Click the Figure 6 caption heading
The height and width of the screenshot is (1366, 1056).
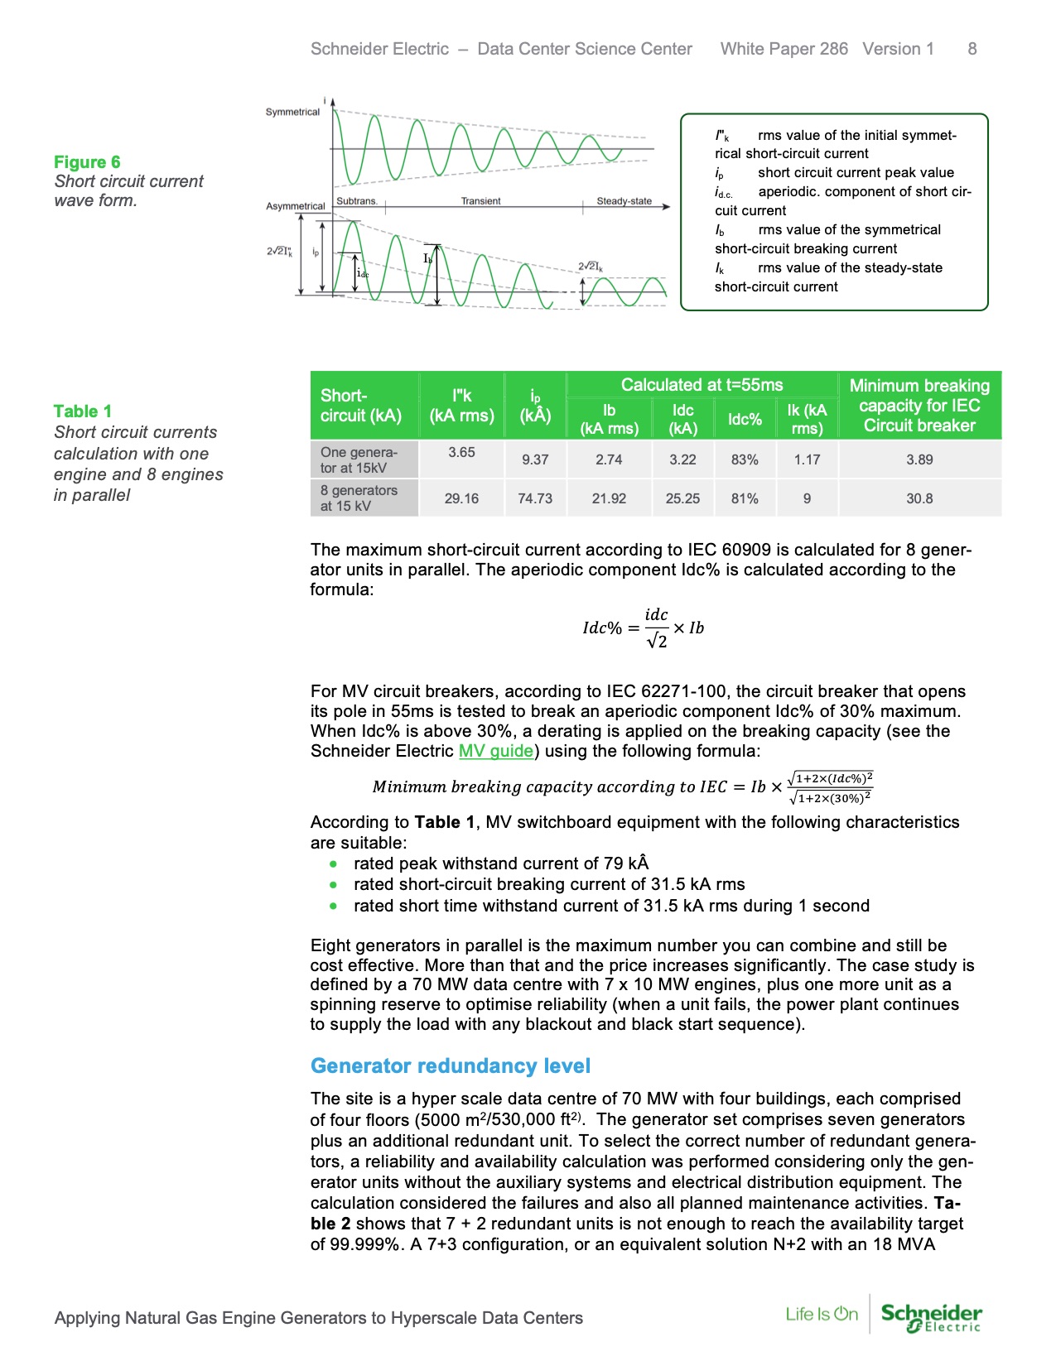(87, 161)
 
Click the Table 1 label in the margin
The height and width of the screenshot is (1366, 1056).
(82, 411)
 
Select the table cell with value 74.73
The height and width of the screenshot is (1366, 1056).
(535, 498)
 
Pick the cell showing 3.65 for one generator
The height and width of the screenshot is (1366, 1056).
(461, 452)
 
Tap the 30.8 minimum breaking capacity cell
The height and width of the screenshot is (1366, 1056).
(919, 498)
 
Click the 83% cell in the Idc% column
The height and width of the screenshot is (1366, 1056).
(745, 459)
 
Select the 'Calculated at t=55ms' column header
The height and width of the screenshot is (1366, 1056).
(702, 385)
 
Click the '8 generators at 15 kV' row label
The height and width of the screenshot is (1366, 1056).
(359, 498)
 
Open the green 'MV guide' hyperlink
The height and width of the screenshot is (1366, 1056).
(496, 751)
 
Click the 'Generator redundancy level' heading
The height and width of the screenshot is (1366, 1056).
(451, 1065)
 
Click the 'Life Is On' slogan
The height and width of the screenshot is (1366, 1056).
(822, 1314)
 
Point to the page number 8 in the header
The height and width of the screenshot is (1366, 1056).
(972, 49)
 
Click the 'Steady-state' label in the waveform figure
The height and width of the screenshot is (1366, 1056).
(624, 201)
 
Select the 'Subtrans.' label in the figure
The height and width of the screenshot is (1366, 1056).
(357, 201)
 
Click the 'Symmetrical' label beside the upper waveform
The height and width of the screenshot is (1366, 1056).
(292, 112)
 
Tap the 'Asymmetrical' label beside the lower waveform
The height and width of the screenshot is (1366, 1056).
(295, 206)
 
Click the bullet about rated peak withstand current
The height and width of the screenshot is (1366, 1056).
(501, 863)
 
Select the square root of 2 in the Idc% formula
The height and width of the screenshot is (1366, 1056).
(657, 641)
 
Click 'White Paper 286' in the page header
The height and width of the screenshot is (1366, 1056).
(784, 49)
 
